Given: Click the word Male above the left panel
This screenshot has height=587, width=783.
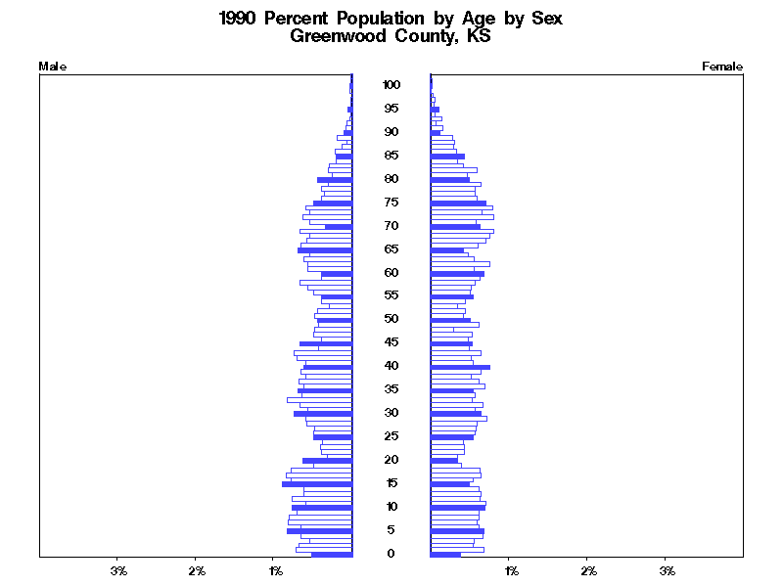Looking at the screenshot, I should [52, 67].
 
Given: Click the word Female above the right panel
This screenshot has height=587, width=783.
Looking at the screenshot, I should [722, 67].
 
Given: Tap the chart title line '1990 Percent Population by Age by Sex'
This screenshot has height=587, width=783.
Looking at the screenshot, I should [391, 19].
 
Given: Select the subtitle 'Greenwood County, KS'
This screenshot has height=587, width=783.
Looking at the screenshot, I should [391, 37].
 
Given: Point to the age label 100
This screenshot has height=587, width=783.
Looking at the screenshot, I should [391, 85].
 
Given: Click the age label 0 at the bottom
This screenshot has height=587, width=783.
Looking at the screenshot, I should [391, 554].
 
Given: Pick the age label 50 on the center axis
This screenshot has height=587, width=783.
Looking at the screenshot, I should [391, 319].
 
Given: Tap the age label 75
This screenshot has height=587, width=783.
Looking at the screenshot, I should [391, 203].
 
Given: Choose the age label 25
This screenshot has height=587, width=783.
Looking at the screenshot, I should [391, 436].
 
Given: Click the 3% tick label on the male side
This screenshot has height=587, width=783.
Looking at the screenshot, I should [118, 569].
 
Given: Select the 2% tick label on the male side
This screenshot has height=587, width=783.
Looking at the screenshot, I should [197, 569].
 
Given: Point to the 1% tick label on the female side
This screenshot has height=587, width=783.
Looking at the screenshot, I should [510, 569].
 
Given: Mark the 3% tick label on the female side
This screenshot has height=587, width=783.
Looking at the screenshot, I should [667, 569].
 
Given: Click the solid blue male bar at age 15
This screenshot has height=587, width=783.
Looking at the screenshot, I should [317, 484].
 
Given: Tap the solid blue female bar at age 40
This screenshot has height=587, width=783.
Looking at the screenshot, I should [460, 367].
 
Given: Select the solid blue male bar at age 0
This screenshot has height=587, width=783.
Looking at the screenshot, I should [332, 555].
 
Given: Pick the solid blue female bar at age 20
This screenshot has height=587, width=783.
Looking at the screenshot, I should [444, 461].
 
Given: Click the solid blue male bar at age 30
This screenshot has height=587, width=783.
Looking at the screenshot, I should [323, 414].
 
